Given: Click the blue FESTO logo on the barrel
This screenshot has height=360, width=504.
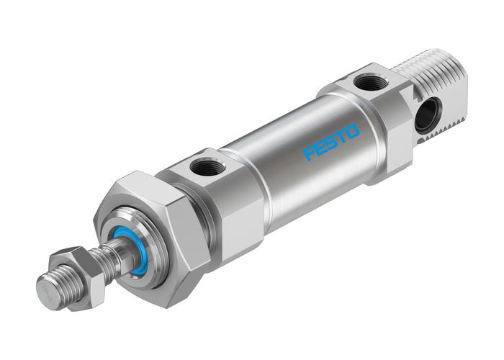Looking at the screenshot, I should (x=331, y=142).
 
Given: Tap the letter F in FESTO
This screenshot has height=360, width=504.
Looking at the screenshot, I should (x=310, y=153).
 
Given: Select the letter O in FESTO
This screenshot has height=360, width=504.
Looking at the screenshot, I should (x=352, y=130).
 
